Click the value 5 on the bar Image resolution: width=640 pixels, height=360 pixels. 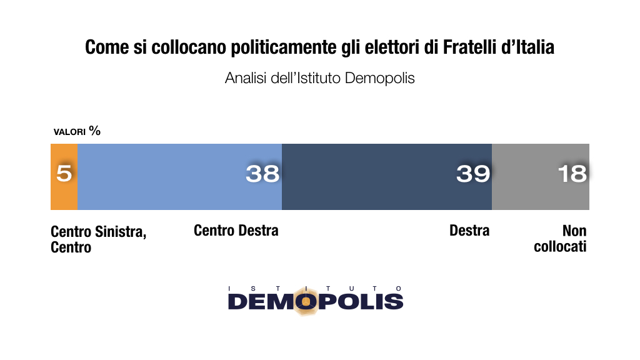click(x=64, y=173)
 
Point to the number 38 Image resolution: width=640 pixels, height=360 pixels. click(x=262, y=173)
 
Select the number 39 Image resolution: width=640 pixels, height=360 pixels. click(x=473, y=173)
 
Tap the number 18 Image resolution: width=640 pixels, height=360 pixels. click(x=572, y=173)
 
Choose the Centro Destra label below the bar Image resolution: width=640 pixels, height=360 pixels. click(x=236, y=231)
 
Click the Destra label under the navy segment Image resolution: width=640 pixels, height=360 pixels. click(x=469, y=231)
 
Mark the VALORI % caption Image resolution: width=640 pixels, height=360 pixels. click(x=77, y=131)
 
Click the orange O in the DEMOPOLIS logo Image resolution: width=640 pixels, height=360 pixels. click(x=306, y=301)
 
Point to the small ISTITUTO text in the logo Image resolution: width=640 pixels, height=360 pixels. click(x=316, y=288)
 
